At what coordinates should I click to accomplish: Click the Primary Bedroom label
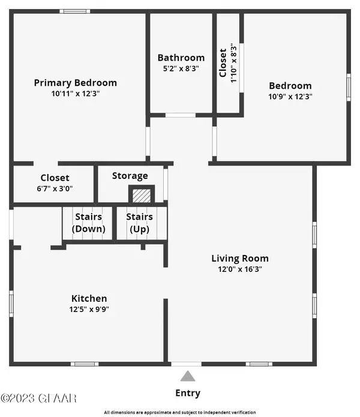(x=75, y=83)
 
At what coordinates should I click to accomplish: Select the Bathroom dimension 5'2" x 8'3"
(x=181, y=69)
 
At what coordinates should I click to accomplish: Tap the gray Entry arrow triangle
(x=188, y=377)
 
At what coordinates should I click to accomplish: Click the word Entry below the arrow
(x=188, y=394)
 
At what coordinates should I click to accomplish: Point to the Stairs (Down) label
(x=88, y=223)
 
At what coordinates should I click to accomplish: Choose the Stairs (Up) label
(x=139, y=223)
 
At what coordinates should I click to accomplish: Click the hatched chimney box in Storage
(x=142, y=196)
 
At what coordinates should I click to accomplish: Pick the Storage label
(x=130, y=176)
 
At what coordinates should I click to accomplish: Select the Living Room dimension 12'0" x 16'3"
(x=239, y=269)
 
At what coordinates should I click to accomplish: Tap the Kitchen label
(x=89, y=298)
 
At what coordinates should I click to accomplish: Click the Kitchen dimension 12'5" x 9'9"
(x=89, y=310)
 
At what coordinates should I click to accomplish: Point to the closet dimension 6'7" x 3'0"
(x=55, y=188)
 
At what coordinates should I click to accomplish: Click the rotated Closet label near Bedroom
(x=223, y=63)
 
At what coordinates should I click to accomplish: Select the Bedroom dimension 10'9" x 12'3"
(x=290, y=96)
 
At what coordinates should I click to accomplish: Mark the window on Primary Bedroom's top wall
(x=75, y=11)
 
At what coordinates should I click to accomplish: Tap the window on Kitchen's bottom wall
(x=85, y=364)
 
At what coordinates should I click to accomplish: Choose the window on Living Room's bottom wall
(x=259, y=364)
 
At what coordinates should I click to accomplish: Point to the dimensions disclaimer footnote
(x=180, y=412)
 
